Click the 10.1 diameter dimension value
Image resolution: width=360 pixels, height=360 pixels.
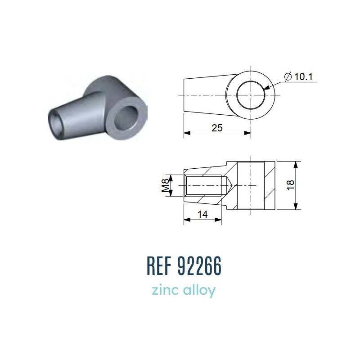tap(303, 76)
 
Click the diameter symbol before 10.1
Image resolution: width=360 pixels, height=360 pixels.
tap(288, 76)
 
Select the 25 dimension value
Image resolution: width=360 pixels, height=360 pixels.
tap(217, 128)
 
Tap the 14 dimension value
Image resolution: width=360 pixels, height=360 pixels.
tap(202, 215)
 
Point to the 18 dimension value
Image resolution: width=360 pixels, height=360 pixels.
tap(291, 185)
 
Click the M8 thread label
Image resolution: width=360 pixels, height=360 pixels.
tap(165, 185)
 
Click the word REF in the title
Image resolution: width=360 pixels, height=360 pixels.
tap(159, 266)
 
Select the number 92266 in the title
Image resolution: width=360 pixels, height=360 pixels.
tap(200, 266)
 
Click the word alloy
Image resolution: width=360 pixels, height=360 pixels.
tap(199, 291)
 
